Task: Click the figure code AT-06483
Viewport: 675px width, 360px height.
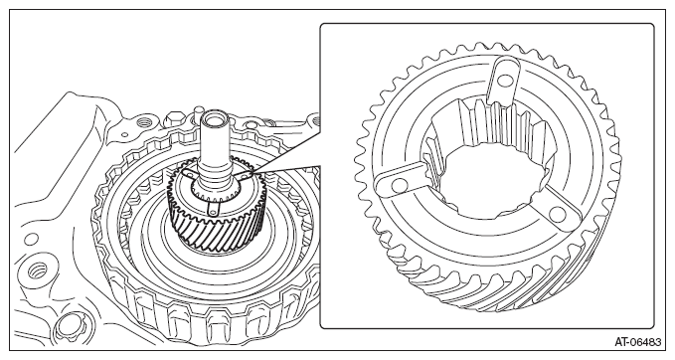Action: coord(637,342)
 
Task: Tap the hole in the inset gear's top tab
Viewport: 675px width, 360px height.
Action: coord(506,81)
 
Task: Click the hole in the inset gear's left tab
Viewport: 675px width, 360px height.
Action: coord(400,185)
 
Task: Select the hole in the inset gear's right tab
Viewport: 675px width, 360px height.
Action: coord(557,213)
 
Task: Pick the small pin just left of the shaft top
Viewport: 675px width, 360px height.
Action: coord(198,113)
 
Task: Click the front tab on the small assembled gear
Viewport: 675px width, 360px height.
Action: coord(213,208)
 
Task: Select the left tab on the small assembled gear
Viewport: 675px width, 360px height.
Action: coord(188,173)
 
